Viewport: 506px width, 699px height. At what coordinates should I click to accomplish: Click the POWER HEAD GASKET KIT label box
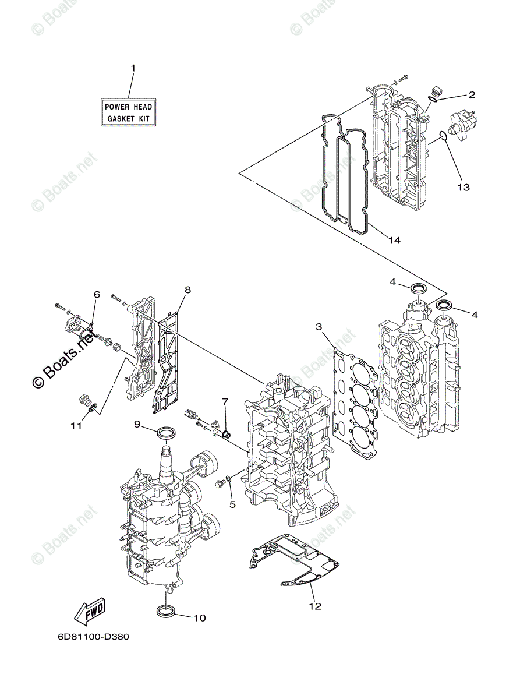click(128, 112)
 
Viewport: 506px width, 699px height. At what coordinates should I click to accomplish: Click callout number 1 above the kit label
click(133, 68)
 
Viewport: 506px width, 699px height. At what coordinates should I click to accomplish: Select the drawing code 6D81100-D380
click(93, 636)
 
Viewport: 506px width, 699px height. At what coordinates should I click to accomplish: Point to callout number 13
click(463, 188)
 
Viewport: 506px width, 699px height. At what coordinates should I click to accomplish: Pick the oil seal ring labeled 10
click(165, 611)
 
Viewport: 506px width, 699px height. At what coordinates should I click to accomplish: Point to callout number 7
click(225, 402)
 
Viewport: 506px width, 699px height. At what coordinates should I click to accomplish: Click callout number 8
click(187, 290)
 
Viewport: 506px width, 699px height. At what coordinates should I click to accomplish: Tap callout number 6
click(97, 295)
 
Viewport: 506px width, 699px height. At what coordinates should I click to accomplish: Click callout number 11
click(76, 426)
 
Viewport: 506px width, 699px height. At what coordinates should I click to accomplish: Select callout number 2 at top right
click(472, 94)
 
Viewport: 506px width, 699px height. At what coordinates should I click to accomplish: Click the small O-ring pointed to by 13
click(443, 137)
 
